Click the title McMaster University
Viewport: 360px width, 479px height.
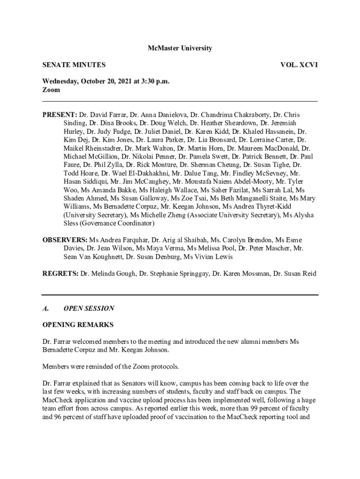180,48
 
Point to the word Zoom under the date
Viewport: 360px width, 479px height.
51,89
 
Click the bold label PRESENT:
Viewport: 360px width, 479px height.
60,115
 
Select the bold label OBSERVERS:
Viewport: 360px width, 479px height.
65,240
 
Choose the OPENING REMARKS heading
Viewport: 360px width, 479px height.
78,325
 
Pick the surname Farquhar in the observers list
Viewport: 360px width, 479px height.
133,240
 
